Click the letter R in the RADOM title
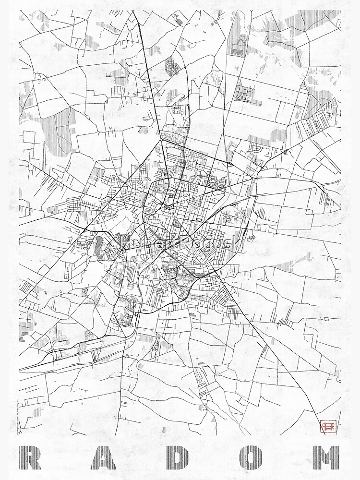click(33, 458)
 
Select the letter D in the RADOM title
click(180, 458)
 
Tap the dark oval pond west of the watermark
click(99, 243)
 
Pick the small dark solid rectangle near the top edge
click(236, 51)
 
